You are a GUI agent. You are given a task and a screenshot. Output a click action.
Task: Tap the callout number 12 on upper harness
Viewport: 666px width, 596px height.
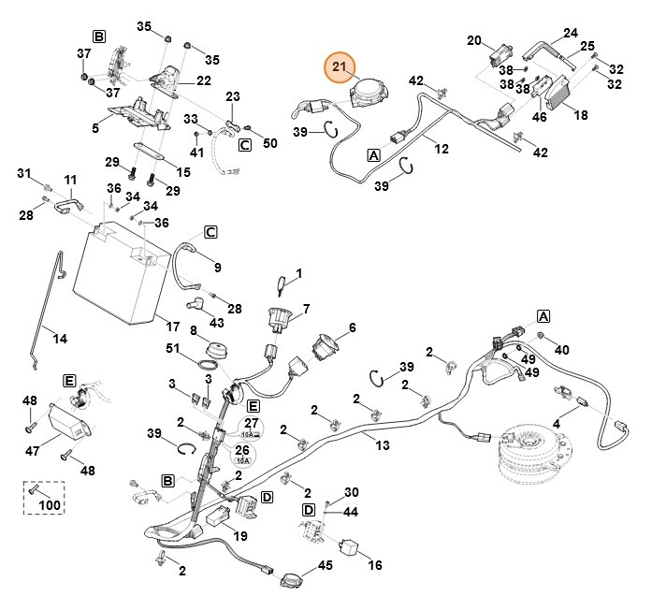(x=442, y=147)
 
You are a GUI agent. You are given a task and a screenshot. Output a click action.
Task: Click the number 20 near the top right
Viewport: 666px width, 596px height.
(x=474, y=40)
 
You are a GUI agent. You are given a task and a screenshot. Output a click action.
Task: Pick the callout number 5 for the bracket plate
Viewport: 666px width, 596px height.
(x=95, y=127)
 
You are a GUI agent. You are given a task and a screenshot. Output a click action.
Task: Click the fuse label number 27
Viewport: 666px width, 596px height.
(x=249, y=423)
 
